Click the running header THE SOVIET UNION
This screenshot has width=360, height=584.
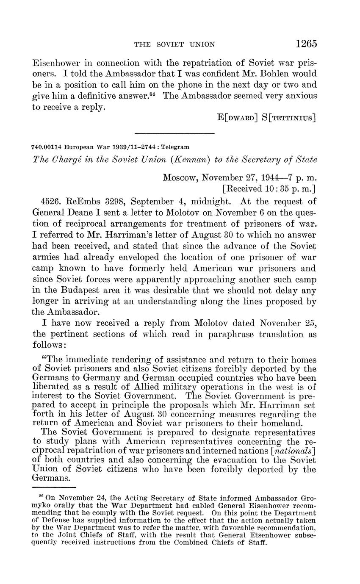tap(174, 44)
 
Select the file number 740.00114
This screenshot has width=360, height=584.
tap(46, 147)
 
